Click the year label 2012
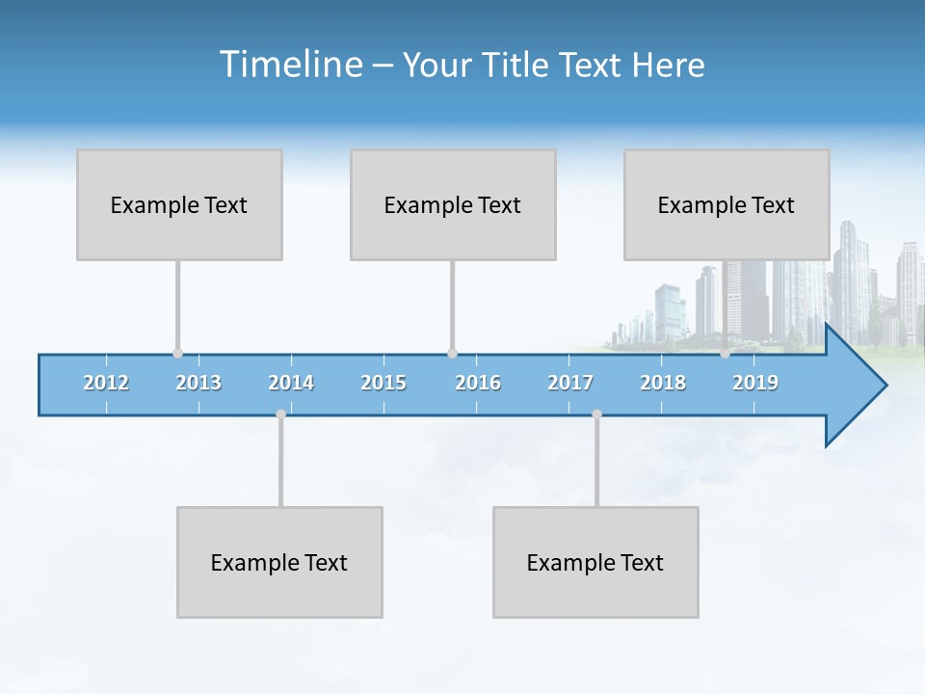coord(106,383)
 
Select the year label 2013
coord(198,383)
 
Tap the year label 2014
coord(291,383)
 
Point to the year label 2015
coord(383,383)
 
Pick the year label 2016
coord(478,383)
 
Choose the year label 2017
coord(570,383)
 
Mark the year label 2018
coord(663,383)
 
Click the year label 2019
coord(755,383)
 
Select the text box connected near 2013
coord(179,204)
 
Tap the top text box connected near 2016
coord(453,204)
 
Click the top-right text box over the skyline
coord(727,204)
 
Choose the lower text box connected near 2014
coord(279,562)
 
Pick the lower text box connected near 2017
coord(595,562)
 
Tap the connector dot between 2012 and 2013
coord(177,353)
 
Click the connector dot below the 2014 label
coord(280,414)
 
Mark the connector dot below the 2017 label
coord(596,414)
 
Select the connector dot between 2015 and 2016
coord(452,353)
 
